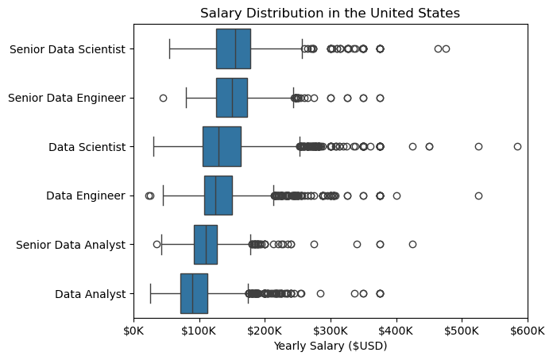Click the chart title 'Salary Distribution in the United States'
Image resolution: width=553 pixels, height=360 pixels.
[x=330, y=13]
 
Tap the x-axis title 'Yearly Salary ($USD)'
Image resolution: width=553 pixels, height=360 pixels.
[x=331, y=346]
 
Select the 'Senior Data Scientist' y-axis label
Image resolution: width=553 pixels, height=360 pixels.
[x=68, y=49]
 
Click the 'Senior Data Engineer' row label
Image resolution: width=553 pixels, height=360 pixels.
[x=67, y=98]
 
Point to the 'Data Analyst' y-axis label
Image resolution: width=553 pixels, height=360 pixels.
[x=91, y=294]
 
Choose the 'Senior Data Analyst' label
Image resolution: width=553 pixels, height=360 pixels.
[x=71, y=245]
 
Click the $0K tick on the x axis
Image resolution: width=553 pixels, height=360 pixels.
[x=133, y=331]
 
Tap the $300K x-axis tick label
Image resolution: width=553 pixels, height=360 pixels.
[x=331, y=331]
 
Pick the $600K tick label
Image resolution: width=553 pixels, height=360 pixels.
[x=528, y=331]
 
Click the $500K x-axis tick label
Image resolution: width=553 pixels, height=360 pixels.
[x=462, y=331]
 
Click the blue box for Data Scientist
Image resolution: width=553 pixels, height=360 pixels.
[x=222, y=146]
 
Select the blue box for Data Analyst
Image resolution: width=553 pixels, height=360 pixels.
[x=194, y=293]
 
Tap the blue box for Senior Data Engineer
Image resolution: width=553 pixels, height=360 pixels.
[x=232, y=98]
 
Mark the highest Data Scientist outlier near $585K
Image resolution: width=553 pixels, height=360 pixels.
[x=517, y=146]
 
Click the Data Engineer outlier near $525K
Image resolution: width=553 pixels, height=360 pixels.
[x=478, y=195]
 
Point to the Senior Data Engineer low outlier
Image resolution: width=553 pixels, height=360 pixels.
[x=163, y=98]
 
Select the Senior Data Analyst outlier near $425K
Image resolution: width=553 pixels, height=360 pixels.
[x=412, y=244]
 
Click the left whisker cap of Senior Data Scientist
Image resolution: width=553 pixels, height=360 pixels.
[x=170, y=48]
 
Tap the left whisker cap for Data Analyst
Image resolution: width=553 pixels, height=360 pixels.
[x=151, y=293]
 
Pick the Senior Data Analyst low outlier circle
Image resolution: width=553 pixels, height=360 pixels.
[x=157, y=244]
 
